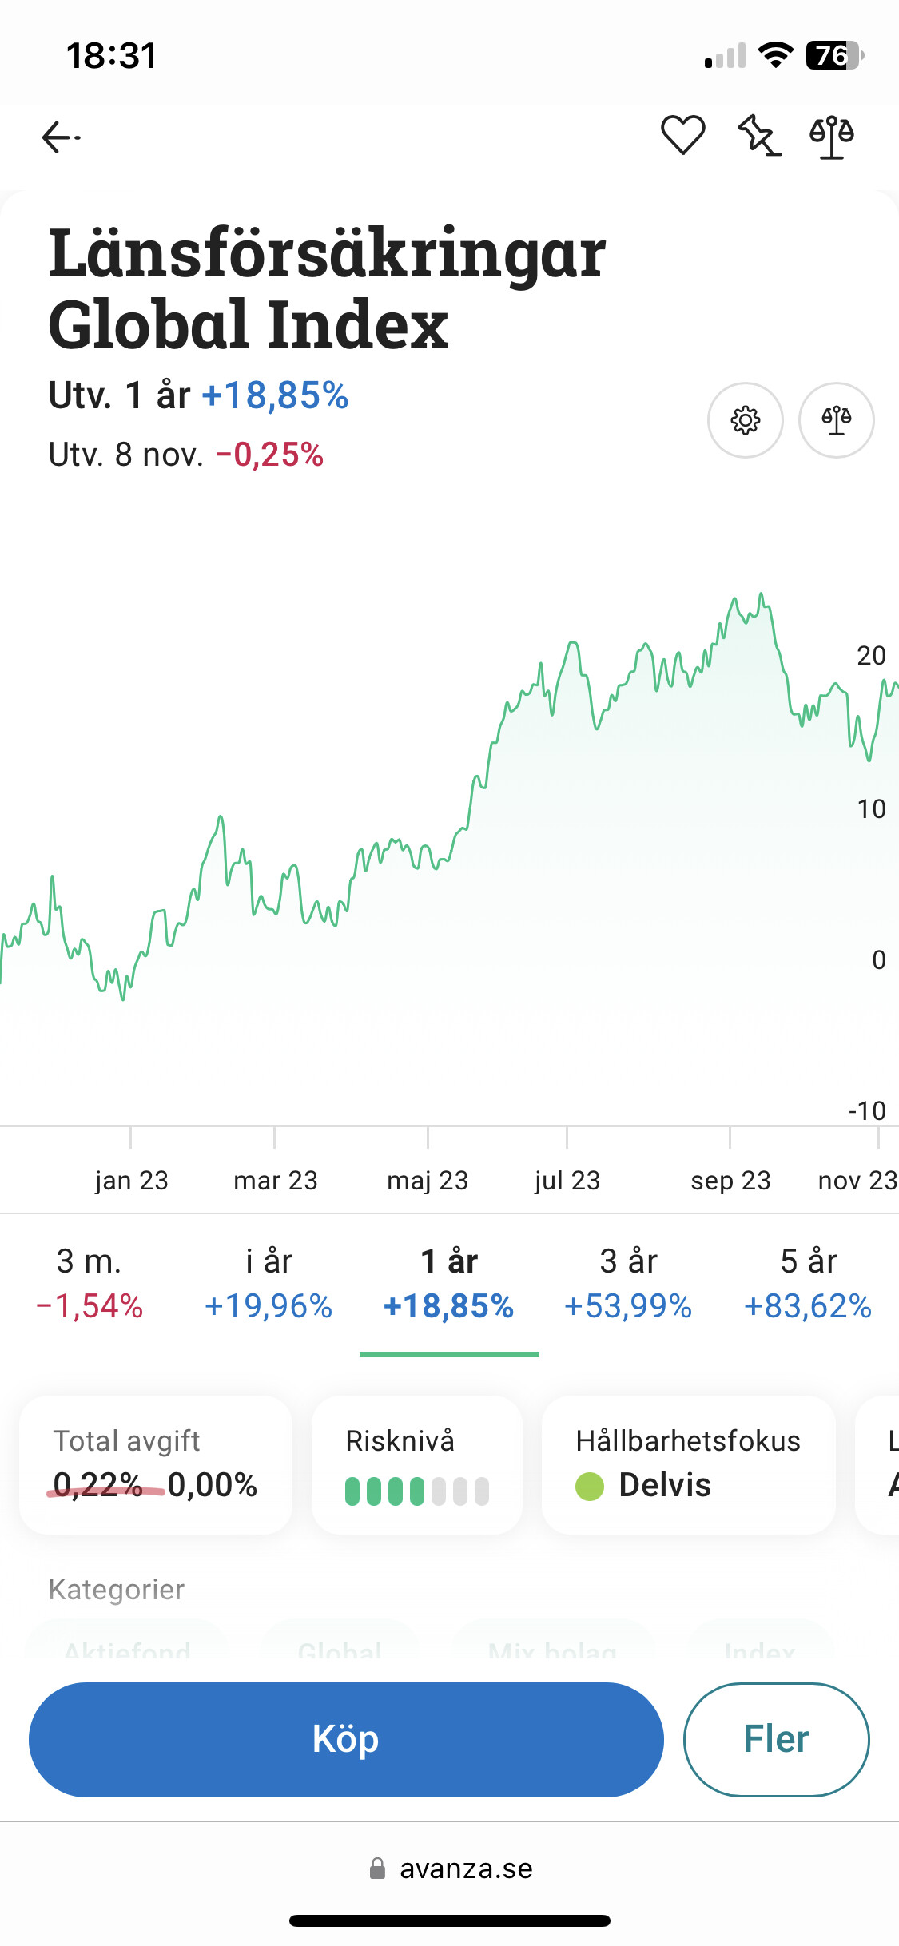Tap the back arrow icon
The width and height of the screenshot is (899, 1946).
61,137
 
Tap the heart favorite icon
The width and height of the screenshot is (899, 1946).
682,135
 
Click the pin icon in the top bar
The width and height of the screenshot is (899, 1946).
758,136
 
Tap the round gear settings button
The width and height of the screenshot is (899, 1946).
745,420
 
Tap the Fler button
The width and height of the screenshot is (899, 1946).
776,1740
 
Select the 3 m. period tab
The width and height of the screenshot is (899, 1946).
90,1283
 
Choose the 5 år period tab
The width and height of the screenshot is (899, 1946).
808,1283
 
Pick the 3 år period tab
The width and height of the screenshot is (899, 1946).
628,1283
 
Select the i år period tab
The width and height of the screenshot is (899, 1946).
269,1283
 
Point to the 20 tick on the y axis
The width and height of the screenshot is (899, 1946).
871,656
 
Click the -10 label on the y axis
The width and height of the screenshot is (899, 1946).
867,1110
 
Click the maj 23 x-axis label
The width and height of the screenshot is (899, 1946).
428,1180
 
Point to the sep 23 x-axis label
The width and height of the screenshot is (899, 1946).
730,1180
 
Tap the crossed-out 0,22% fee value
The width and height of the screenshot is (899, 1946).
97,1485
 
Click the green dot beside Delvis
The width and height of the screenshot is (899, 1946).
590,1486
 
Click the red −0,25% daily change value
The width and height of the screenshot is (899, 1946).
269,455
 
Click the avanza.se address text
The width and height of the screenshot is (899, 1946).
466,1869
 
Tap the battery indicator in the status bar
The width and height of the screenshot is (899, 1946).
833,55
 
